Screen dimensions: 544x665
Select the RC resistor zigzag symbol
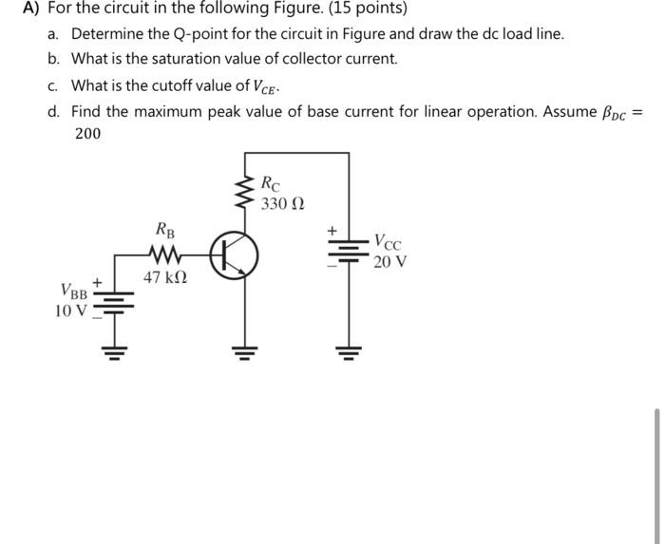246,193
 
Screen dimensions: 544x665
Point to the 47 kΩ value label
165,278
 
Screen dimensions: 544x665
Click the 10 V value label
71,310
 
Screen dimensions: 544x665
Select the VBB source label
74,290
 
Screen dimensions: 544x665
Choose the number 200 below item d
87,134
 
